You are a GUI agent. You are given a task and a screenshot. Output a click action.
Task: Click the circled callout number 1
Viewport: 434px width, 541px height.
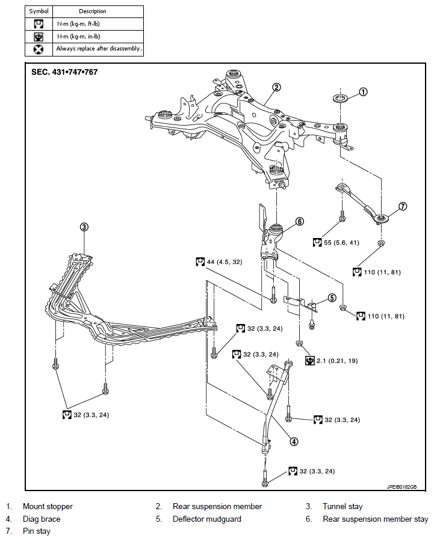click(363, 92)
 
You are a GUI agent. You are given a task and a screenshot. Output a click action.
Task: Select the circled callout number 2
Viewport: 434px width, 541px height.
click(276, 87)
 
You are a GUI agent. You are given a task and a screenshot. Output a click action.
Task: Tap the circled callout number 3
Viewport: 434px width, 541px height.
click(84, 227)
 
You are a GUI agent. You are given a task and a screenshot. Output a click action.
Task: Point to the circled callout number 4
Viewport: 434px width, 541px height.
click(294, 441)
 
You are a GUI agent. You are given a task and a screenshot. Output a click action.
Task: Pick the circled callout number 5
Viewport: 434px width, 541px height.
click(332, 298)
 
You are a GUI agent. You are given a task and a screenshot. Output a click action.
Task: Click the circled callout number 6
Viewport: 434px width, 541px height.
click(300, 221)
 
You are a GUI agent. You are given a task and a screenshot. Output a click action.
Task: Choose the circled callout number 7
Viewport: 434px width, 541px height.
click(403, 206)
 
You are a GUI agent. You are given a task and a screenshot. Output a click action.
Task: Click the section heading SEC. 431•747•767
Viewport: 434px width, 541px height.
click(64, 72)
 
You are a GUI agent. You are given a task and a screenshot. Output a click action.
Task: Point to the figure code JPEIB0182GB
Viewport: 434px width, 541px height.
click(401, 487)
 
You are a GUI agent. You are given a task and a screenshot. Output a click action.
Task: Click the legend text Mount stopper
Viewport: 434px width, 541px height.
click(48, 507)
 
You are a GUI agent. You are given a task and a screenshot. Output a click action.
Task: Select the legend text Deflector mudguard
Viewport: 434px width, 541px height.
click(207, 519)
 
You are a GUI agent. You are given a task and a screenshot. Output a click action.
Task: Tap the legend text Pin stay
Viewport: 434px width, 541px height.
click(37, 531)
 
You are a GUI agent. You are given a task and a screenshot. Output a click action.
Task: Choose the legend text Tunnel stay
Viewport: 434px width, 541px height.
click(343, 507)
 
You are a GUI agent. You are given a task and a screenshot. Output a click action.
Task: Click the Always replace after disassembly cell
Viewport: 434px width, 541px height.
click(98, 49)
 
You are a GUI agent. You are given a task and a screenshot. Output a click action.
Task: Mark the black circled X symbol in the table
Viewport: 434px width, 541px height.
click(39, 49)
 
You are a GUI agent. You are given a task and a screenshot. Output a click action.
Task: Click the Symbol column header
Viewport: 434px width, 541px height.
click(39, 11)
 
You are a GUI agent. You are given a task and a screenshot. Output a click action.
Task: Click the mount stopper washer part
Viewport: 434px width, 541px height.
click(340, 99)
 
